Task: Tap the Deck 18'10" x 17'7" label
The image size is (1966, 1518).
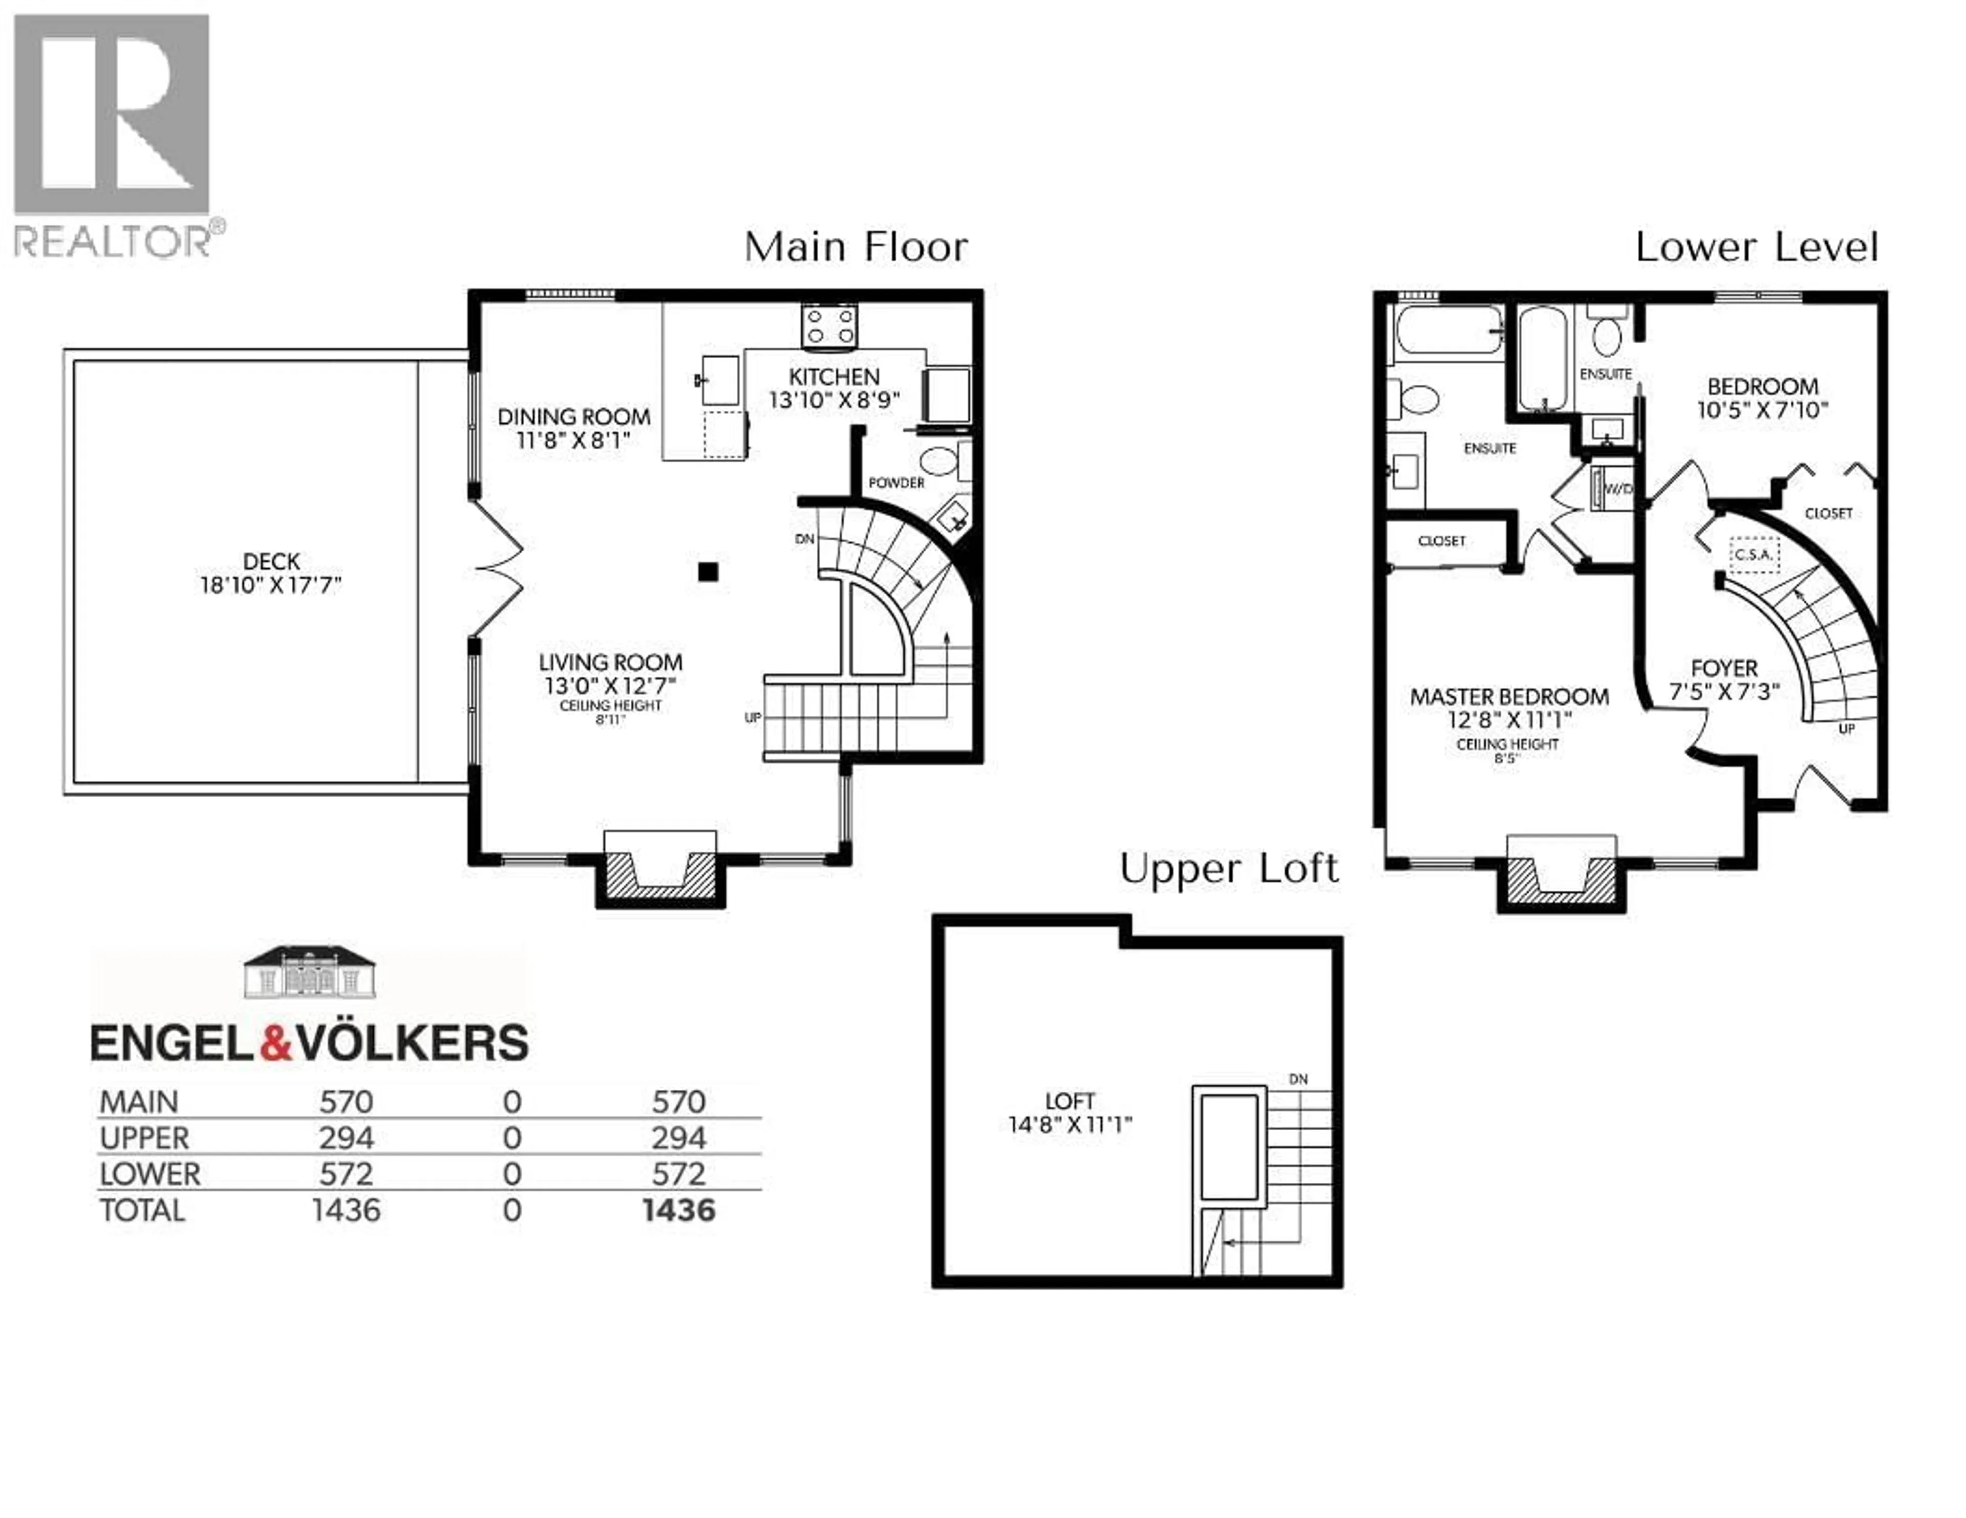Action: point(271,573)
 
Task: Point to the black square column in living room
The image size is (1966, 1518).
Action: point(709,571)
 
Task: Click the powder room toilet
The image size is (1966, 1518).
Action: point(938,463)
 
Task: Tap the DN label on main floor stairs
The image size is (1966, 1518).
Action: point(805,539)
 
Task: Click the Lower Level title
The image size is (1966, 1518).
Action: point(1756,248)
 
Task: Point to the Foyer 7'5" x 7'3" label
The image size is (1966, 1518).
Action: point(1725,679)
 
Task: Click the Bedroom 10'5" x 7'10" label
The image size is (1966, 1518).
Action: point(1763,398)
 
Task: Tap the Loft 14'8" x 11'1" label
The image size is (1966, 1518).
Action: point(1070,1112)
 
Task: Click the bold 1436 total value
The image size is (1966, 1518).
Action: point(679,1211)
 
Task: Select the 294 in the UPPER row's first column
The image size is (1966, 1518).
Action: point(346,1138)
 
